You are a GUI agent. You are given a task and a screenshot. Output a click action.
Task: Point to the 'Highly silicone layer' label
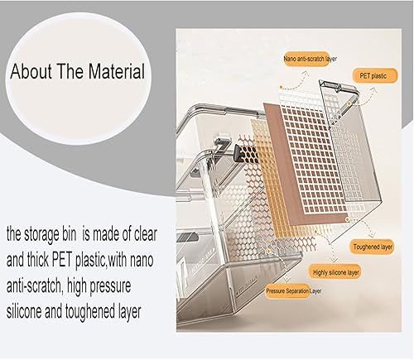pos(337,273)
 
